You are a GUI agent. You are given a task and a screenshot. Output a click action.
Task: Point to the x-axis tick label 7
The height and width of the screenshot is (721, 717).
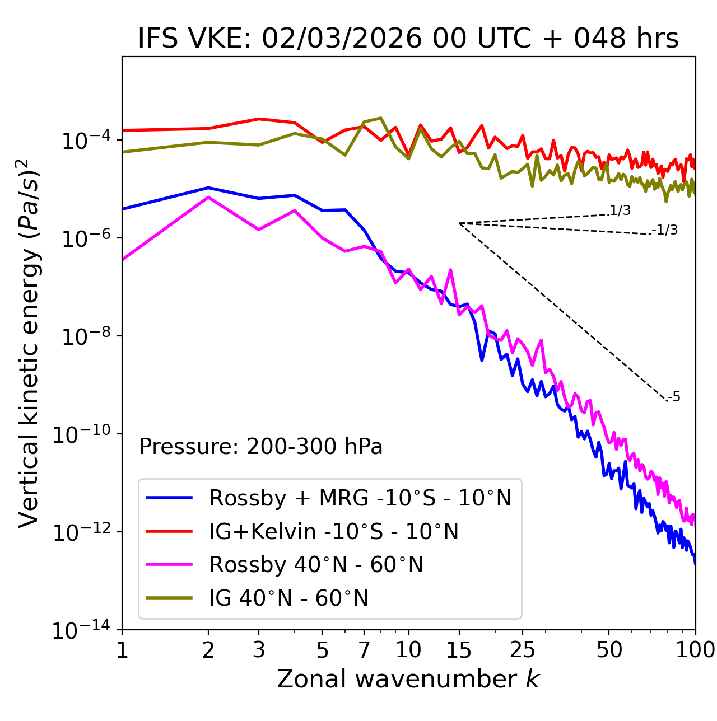364,650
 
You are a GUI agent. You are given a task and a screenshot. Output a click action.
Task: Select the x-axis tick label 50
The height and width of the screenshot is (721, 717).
609,650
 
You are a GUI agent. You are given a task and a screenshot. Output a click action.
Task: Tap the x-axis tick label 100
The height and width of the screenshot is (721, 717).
695,650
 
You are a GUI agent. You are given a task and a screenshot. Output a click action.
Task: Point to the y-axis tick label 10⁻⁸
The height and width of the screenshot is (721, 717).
85,336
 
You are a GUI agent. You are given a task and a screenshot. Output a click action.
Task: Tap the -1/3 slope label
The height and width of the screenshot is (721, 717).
665,230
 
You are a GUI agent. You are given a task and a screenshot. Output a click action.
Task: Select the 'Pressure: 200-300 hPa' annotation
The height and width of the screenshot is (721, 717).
261,447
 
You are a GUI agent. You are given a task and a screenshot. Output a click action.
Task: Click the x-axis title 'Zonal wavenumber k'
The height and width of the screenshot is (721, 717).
408,679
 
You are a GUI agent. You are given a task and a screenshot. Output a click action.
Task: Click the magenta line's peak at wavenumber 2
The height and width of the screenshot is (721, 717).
208,197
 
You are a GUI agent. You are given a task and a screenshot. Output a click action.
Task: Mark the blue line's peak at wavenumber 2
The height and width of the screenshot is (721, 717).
208,188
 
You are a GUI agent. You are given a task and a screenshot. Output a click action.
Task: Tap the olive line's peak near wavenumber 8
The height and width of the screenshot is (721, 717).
381,118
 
